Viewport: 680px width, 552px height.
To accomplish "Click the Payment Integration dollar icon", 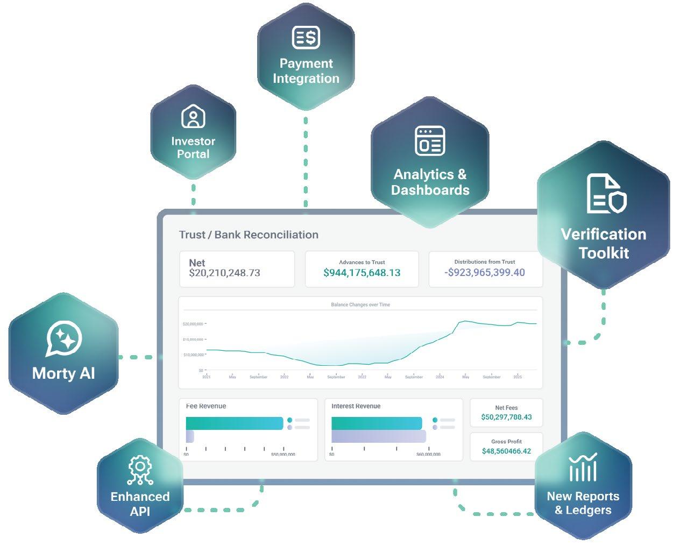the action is click(x=306, y=37).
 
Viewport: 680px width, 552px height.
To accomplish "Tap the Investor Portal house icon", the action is click(x=193, y=116).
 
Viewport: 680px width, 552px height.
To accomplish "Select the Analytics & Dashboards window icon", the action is click(x=430, y=140).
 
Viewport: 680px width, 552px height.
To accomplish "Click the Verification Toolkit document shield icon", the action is click(x=606, y=194).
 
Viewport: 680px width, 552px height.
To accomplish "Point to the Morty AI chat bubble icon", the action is click(x=64, y=339).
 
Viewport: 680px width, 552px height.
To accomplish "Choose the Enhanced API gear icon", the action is click(x=140, y=469).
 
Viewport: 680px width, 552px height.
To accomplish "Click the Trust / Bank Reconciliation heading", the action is click(x=249, y=235).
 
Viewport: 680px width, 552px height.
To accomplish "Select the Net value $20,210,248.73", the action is click(x=224, y=273).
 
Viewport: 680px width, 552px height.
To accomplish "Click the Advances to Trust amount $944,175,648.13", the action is click(x=362, y=273).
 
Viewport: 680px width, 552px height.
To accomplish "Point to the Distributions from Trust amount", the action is click(x=485, y=272).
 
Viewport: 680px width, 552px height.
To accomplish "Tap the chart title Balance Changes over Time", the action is click(x=360, y=305).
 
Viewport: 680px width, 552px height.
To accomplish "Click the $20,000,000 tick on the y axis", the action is click(x=193, y=324).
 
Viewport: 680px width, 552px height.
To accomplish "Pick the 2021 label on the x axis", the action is click(x=207, y=377).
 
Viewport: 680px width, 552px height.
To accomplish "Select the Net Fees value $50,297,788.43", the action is click(x=506, y=417).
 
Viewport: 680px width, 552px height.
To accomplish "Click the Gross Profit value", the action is click(x=506, y=451).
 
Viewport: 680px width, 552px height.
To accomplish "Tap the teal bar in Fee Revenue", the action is click(x=234, y=423).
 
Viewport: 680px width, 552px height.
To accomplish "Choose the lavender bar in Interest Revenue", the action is click(x=378, y=436).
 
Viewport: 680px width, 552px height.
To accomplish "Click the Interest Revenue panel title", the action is click(x=356, y=406).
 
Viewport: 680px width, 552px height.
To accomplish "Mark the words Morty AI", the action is click(x=63, y=373).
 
